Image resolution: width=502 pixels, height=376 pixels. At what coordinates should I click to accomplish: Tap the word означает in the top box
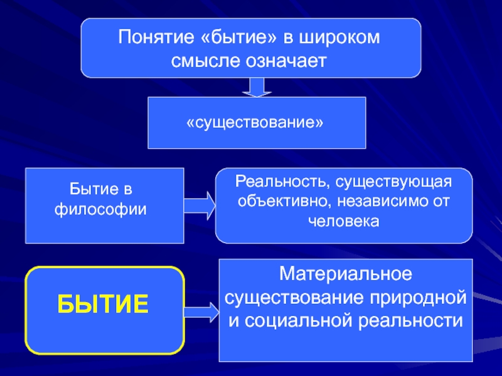pyautogui.click(x=293, y=60)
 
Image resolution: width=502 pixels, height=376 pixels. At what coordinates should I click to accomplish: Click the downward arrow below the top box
pyautogui.click(x=256, y=86)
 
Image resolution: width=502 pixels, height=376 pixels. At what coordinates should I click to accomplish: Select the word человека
pyautogui.click(x=343, y=222)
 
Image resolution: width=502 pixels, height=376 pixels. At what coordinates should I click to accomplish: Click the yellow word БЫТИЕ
pyautogui.click(x=104, y=305)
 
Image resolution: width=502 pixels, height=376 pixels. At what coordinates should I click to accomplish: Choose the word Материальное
pyautogui.click(x=345, y=274)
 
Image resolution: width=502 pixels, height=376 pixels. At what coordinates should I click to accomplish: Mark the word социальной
pyautogui.click(x=295, y=319)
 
